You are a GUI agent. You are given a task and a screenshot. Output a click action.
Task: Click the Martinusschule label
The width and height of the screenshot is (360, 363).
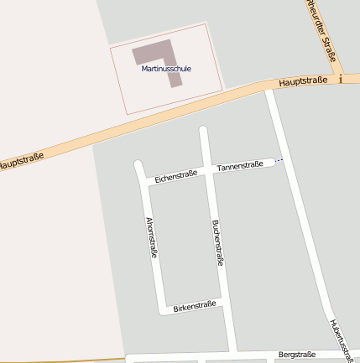click(x=166, y=68)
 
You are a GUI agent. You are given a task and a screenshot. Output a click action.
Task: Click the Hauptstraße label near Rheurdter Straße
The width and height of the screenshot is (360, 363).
click(x=303, y=81)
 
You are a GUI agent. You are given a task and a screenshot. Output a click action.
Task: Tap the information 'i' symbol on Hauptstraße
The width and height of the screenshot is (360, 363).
click(x=342, y=79)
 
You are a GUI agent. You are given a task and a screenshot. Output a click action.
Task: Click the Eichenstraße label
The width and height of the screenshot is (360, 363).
click(x=175, y=175)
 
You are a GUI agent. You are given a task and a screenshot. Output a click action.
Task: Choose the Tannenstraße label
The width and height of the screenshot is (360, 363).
click(x=240, y=166)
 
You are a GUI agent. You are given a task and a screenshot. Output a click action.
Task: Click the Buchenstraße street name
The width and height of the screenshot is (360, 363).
click(x=218, y=242)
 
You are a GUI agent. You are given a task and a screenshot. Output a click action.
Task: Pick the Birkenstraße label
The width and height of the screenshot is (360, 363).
click(x=195, y=306)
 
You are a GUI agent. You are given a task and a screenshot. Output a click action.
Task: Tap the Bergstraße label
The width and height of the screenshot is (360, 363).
click(x=296, y=355)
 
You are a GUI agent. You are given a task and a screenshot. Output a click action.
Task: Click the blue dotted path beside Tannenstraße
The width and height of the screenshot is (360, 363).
click(x=279, y=159)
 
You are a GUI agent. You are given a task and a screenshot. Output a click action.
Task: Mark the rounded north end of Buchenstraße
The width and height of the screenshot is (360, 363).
click(x=203, y=130)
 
